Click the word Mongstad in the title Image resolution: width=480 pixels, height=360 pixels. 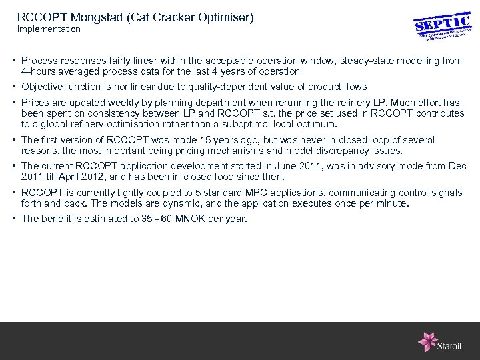pyautogui.click(x=90, y=17)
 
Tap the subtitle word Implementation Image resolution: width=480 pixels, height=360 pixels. pyautogui.click(x=49, y=29)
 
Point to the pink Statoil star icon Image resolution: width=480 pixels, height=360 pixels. pyautogui.click(x=427, y=341)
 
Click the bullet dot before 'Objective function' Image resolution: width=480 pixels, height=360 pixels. pyautogui.click(x=14, y=87)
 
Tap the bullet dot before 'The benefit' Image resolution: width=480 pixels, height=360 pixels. pyautogui.click(x=14, y=219)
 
